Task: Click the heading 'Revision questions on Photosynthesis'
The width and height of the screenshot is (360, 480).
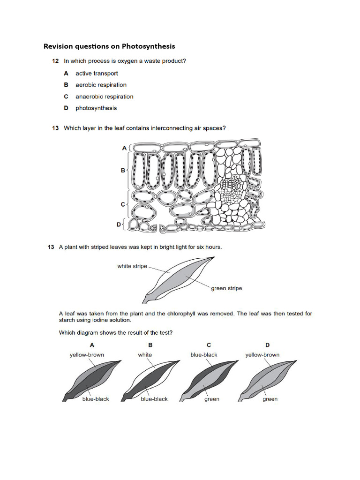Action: (x=109, y=46)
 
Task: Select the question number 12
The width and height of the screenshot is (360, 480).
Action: (x=55, y=61)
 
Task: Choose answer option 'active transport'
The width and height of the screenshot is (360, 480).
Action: (x=97, y=73)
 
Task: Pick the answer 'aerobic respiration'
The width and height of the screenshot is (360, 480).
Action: (x=101, y=85)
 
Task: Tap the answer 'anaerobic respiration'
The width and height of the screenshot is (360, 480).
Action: (x=104, y=97)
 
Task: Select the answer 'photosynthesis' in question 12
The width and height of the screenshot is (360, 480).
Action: (x=96, y=108)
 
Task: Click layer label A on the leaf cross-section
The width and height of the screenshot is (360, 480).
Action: (x=124, y=148)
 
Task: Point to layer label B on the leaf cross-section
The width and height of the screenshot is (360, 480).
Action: (x=123, y=171)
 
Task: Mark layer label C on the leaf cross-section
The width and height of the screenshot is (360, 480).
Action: (x=123, y=204)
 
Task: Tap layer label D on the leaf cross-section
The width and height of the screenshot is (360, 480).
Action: (x=119, y=225)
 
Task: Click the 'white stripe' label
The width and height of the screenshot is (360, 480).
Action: (x=132, y=266)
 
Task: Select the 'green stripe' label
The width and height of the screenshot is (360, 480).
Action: (x=226, y=288)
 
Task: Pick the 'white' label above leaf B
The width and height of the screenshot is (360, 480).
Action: (x=145, y=355)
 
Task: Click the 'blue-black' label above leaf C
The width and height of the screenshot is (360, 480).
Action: (x=204, y=355)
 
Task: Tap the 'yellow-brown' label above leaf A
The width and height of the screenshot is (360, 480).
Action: (x=87, y=355)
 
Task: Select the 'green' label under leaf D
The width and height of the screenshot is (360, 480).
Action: (x=270, y=399)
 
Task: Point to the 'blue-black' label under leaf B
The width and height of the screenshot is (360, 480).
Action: (x=154, y=399)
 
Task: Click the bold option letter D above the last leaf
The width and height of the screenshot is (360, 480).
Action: (x=268, y=345)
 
